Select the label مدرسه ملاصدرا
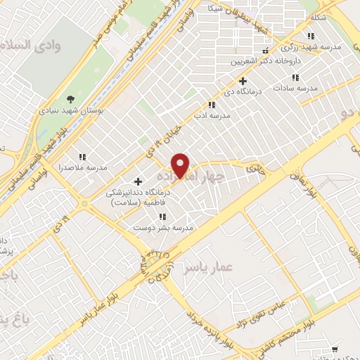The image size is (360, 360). pos(87,167)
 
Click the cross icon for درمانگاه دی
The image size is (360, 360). pos(243,81)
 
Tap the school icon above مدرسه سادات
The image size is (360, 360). pos(295,77)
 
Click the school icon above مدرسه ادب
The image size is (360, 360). pos(212,105)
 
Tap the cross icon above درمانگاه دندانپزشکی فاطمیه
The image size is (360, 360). pos(138,181)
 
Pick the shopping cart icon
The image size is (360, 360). pos(335,349)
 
